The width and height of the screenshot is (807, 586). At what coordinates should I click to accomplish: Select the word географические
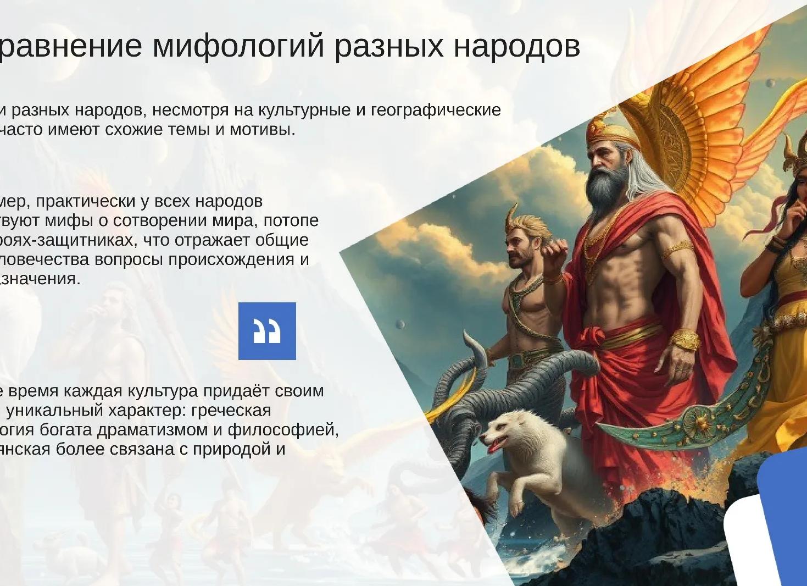(x=436, y=110)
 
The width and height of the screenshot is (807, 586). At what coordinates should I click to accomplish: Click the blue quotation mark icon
(x=267, y=331)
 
